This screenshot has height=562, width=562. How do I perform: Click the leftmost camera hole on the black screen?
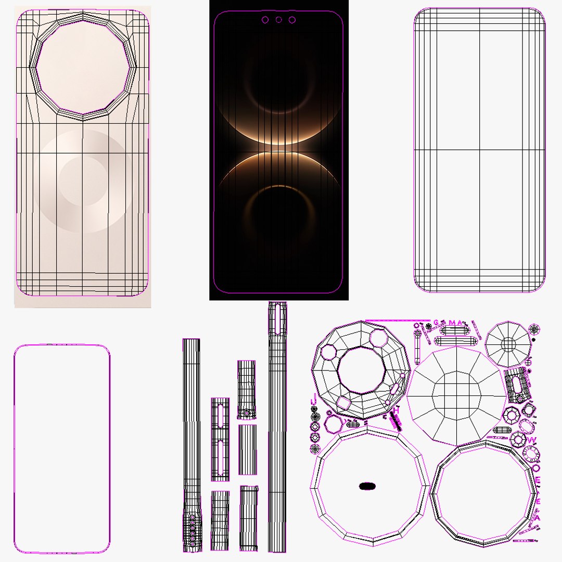tap(265, 20)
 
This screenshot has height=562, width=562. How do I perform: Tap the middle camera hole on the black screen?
tap(278, 20)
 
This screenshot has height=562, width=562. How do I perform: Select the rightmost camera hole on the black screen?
tap(292, 20)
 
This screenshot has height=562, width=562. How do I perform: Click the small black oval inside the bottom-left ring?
tap(367, 486)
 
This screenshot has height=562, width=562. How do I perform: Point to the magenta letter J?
tap(313, 400)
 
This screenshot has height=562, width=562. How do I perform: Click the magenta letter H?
tap(396, 411)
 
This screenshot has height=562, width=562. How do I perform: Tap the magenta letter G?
tap(436, 323)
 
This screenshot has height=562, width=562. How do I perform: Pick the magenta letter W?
tap(531, 440)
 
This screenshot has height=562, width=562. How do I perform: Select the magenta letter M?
tap(451, 323)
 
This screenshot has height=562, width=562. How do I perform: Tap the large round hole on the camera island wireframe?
tap(361, 371)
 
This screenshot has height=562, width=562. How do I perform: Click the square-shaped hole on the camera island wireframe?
tap(344, 403)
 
